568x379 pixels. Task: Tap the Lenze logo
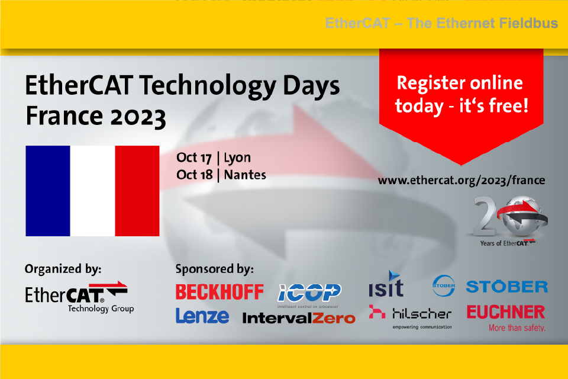tap(202, 316)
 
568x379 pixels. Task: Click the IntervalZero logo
tap(299, 318)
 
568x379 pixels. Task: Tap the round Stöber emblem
tap(443, 286)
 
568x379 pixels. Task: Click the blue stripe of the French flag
tap(48, 191)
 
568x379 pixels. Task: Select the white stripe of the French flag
tap(92, 191)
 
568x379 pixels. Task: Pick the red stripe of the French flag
tap(137, 191)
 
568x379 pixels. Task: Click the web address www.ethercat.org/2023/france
tap(461, 180)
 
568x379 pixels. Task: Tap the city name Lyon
tap(237, 158)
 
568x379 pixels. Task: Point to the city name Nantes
tap(245, 175)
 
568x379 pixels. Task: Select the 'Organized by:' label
tap(63, 269)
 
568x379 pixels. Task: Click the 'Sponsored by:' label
tap(214, 269)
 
